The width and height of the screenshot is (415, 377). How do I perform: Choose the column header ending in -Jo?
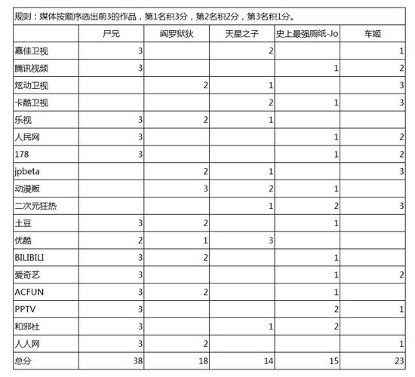305,34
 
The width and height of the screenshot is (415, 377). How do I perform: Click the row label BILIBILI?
31,257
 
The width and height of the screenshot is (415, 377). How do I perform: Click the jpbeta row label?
26,171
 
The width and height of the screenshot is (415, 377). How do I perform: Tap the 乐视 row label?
23,120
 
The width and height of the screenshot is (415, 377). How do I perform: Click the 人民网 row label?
27,136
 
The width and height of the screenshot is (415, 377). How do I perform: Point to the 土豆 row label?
23,223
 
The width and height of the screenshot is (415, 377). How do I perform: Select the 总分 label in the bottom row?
23,361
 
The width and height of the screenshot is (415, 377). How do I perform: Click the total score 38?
137,361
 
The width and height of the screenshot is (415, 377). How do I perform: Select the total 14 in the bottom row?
269,361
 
